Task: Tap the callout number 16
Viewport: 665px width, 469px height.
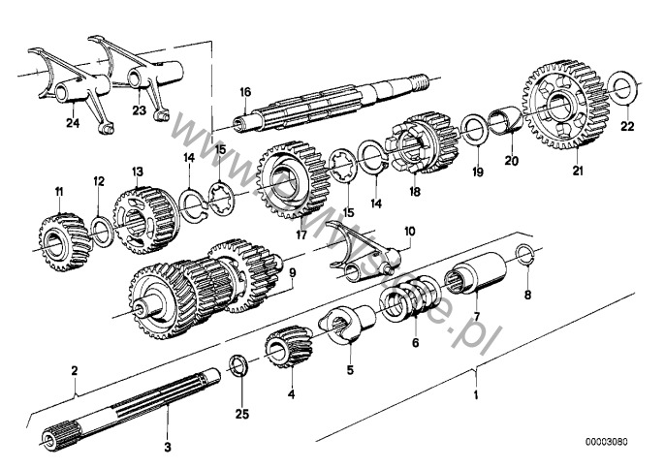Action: pyautogui.click(x=245, y=92)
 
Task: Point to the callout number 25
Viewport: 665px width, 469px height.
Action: pyautogui.click(x=242, y=415)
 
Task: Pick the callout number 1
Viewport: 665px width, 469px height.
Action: pyautogui.click(x=475, y=395)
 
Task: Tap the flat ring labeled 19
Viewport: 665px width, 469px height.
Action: pyautogui.click(x=476, y=129)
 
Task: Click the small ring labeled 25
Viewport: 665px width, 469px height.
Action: pyautogui.click(x=236, y=365)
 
